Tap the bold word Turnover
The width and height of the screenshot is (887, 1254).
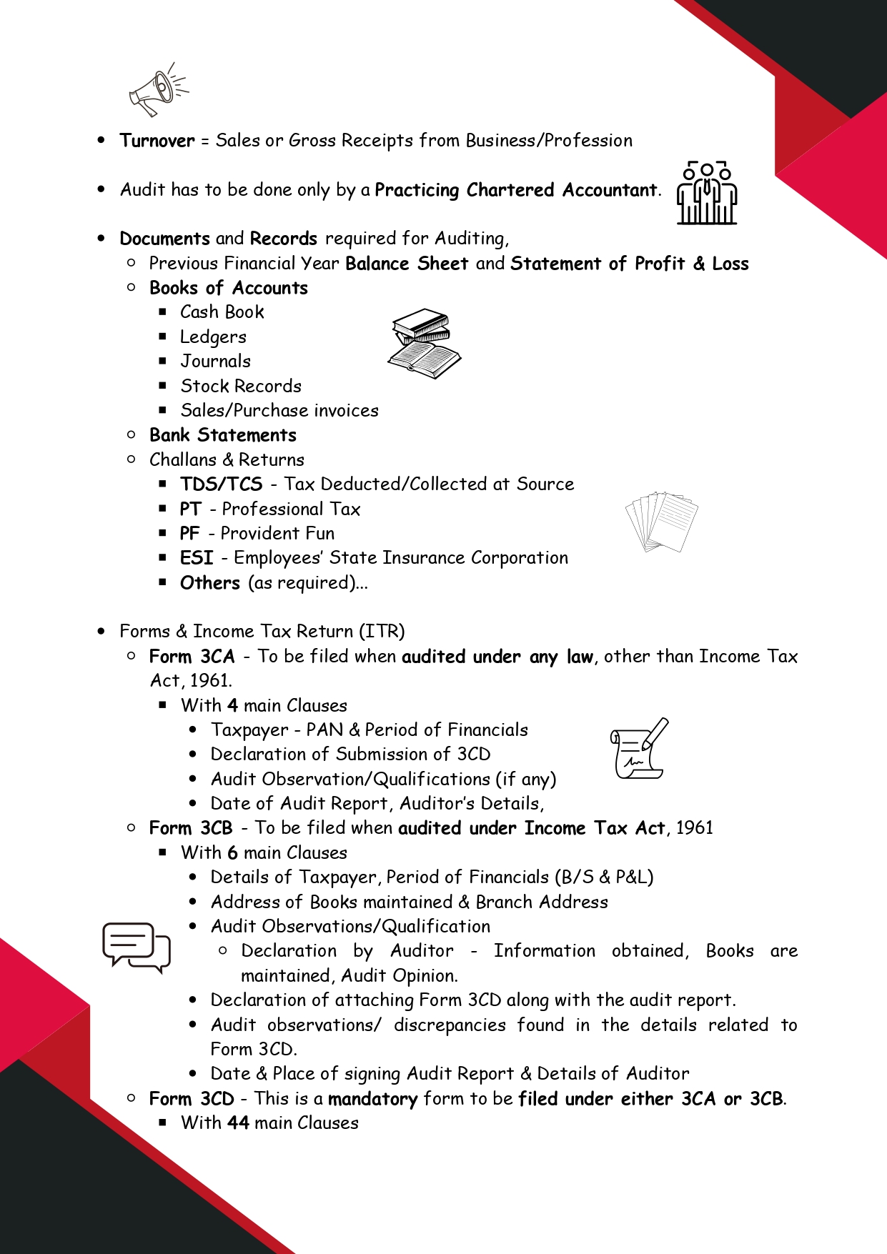[x=157, y=141]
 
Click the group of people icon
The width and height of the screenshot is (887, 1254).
[x=707, y=193]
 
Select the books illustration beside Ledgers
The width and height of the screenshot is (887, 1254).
[x=425, y=343]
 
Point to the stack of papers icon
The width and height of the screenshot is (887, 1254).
[x=662, y=522]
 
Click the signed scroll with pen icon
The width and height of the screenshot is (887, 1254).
[x=639, y=749]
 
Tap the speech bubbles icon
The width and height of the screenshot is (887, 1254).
[x=136, y=947]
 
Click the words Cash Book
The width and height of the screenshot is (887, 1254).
[x=222, y=312]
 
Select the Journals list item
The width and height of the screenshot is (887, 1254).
[x=215, y=362]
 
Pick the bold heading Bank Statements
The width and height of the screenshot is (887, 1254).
[x=222, y=435]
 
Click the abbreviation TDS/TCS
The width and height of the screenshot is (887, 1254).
[x=221, y=484]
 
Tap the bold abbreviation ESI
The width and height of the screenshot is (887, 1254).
[x=197, y=558]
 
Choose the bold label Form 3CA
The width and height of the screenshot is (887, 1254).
[x=192, y=657]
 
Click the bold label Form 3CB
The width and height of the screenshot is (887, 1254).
[x=191, y=828]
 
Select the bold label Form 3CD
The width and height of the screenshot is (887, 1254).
[x=192, y=1099]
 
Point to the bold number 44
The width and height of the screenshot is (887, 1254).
[x=239, y=1123]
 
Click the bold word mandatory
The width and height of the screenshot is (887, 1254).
[x=372, y=1099]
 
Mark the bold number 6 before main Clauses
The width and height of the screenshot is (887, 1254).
[x=232, y=853]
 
